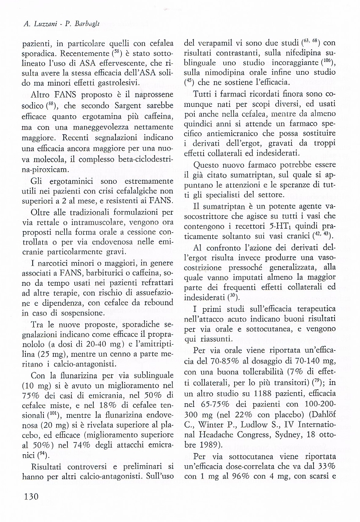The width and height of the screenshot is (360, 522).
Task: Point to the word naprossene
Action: [151, 94]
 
